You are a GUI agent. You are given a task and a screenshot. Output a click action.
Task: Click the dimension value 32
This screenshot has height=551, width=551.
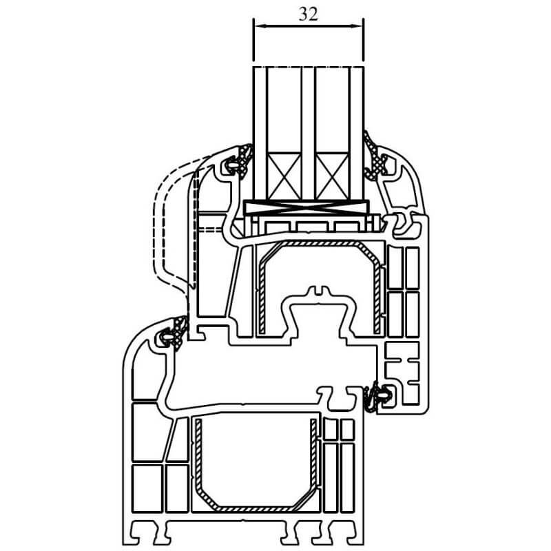point(308,14)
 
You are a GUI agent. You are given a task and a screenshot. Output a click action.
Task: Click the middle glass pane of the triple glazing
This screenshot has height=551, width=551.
point(309,134)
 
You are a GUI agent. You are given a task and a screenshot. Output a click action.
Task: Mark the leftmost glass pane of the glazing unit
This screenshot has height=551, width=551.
point(260,134)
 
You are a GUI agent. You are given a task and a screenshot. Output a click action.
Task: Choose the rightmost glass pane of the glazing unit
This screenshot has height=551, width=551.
point(356,134)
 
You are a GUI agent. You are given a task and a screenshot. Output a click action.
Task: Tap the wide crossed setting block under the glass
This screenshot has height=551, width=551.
point(306,207)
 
